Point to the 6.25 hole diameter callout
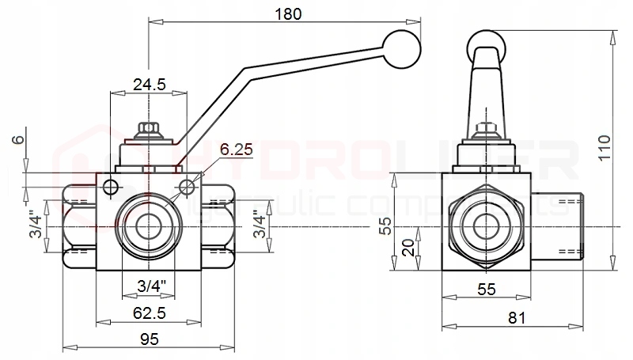click(x=236, y=149)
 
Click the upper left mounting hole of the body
click(x=110, y=188)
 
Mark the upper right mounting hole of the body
click(x=187, y=188)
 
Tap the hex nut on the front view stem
click(x=148, y=129)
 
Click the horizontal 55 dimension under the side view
click(x=486, y=290)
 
